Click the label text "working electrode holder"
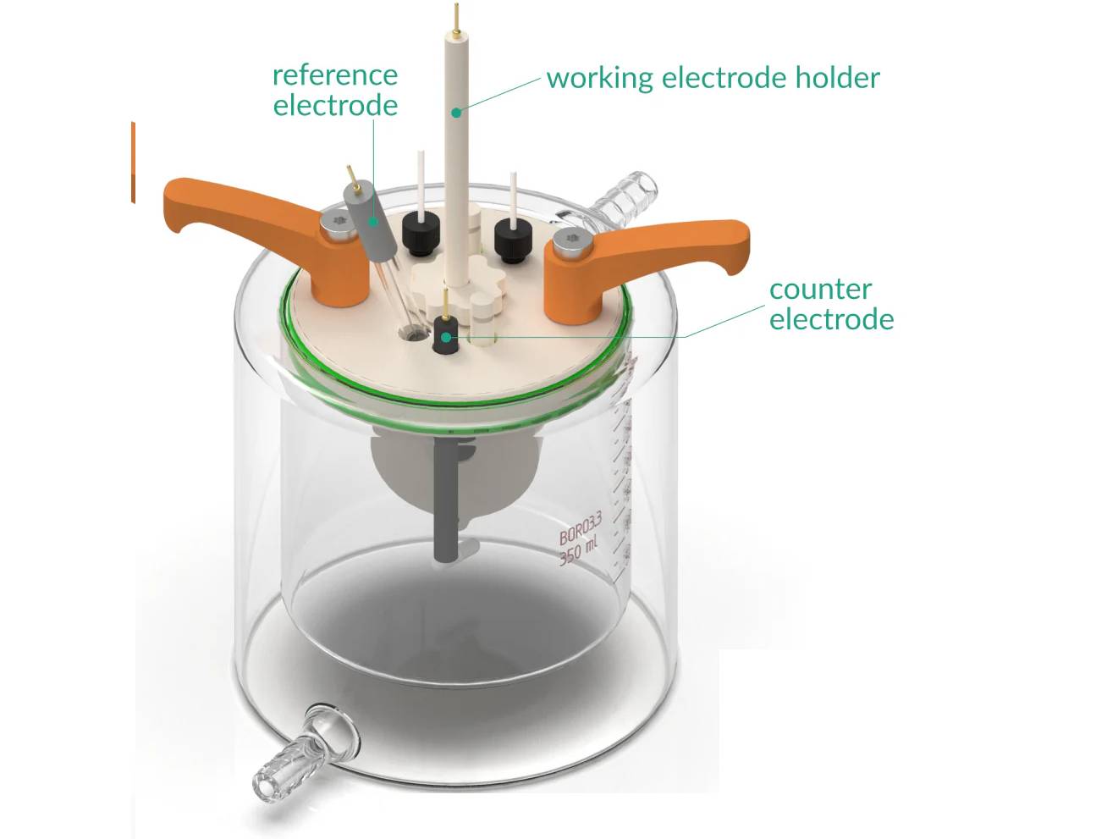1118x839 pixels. [x=713, y=78]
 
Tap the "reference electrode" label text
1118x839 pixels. [x=335, y=90]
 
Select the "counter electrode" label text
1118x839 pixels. [x=831, y=304]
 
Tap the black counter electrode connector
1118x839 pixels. [x=445, y=334]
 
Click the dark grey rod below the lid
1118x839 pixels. [x=445, y=500]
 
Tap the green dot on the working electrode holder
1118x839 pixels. [x=456, y=111]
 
